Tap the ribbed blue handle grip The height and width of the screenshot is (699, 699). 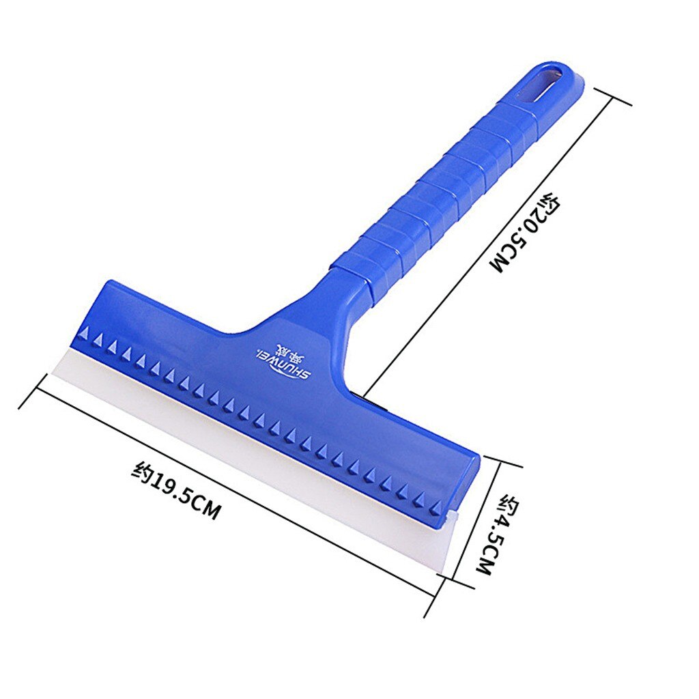451,184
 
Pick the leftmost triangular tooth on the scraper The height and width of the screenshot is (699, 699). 84,333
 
